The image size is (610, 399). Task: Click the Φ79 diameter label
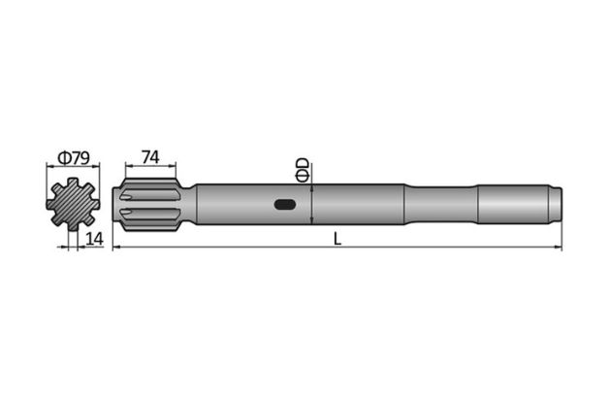coord(73,156)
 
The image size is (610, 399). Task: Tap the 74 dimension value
coord(149,156)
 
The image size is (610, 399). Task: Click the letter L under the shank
coord(337,239)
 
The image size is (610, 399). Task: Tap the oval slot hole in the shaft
coord(286,205)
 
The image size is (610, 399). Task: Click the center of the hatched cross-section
coord(75,204)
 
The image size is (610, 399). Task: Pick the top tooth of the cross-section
coord(75,183)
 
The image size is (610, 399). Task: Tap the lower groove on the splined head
coord(149,215)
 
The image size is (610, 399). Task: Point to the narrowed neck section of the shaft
coord(441,204)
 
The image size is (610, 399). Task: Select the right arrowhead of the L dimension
coord(558,248)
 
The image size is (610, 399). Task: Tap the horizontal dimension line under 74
coord(149,167)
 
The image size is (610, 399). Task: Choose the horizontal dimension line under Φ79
coord(75,167)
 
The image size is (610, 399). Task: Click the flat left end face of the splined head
coord(116,204)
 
